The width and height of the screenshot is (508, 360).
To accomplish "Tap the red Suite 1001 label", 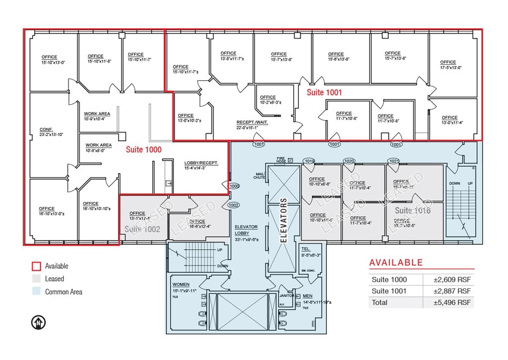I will tap(324, 92).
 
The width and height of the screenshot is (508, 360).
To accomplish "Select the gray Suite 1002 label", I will tap(142, 228).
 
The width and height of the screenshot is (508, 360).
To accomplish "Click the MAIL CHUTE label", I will tap(259, 176).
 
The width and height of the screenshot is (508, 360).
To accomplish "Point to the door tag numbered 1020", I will tap(349, 161).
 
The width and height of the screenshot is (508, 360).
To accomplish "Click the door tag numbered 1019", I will tap(309, 161).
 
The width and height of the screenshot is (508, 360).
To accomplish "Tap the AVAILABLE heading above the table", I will tap(396, 263).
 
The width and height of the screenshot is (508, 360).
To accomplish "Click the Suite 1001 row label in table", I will tap(389, 291).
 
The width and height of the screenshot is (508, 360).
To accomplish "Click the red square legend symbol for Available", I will tap(36, 266).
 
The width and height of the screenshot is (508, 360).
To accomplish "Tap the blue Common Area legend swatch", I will tap(36, 292).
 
